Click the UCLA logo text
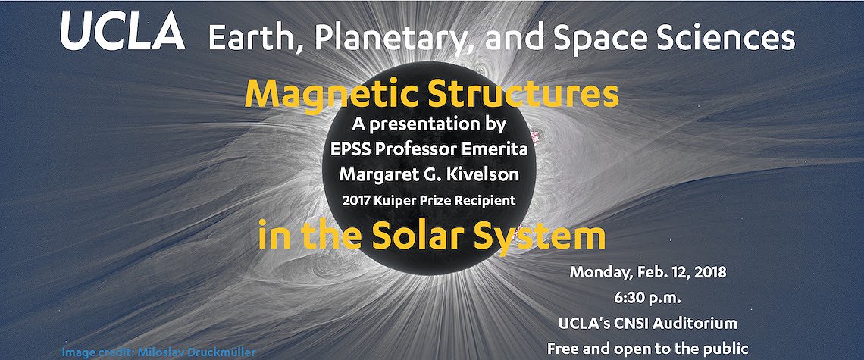point(122,31)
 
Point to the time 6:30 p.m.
point(648,299)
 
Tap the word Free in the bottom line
point(562,349)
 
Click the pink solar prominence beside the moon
point(534,134)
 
